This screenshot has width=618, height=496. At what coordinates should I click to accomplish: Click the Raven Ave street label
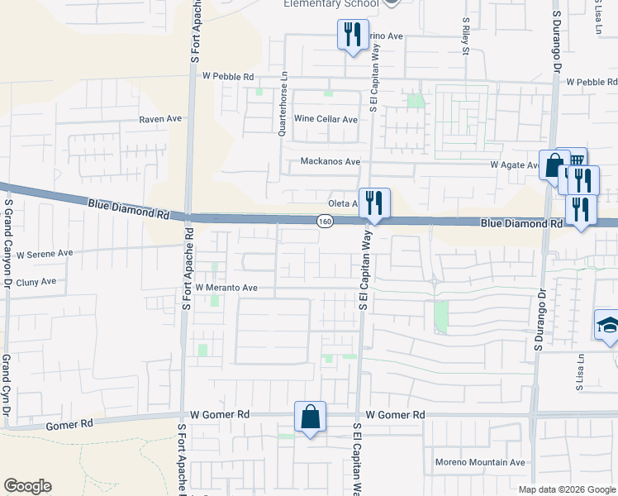160,118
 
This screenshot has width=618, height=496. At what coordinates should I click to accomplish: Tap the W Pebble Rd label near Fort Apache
228,76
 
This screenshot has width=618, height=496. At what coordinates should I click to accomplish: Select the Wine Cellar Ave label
326,119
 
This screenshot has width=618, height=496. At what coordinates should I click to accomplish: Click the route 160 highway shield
325,221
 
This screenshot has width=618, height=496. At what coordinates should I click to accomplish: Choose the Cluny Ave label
36,281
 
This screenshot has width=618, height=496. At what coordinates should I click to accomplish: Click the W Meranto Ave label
227,288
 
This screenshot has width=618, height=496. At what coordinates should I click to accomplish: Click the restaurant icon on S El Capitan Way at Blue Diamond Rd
374,203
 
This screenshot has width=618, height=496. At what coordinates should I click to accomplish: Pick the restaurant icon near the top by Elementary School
353,35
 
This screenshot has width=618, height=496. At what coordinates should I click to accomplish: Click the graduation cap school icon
609,324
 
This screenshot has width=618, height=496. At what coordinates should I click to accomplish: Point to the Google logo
27,486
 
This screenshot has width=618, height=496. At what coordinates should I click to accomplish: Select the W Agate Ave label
515,165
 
